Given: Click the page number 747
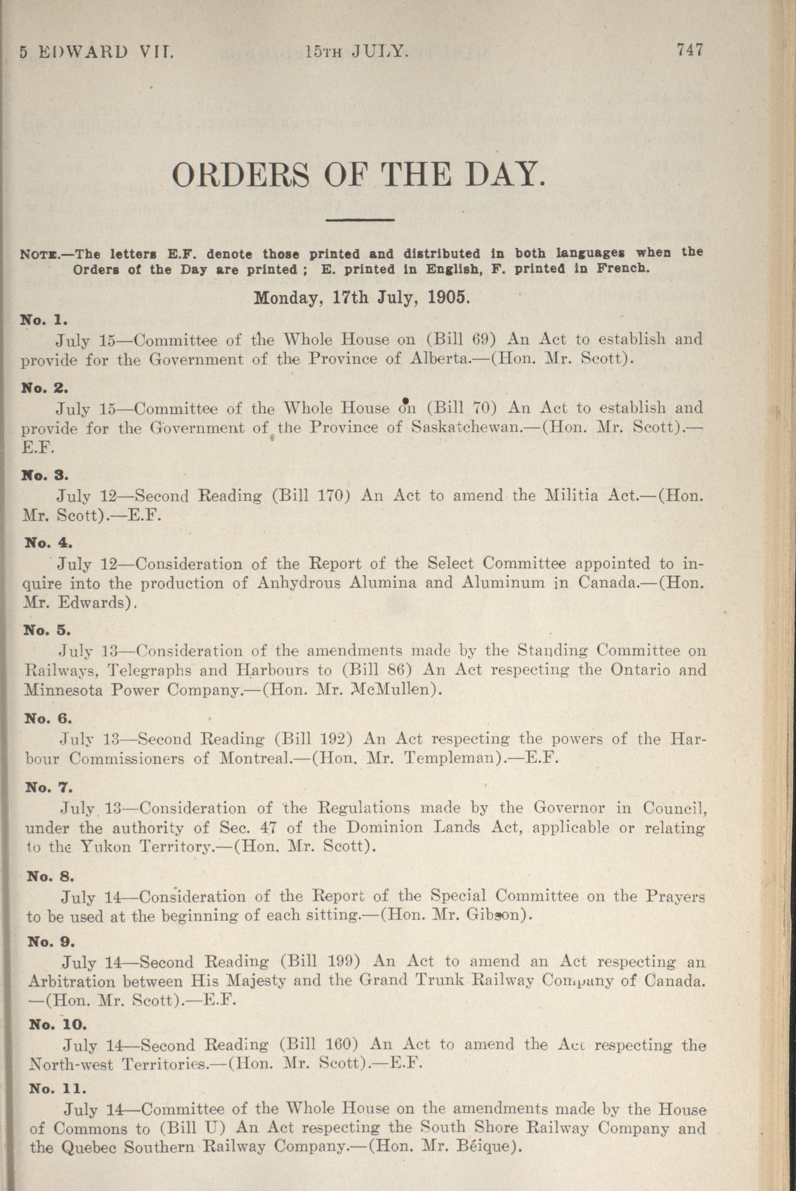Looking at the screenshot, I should (x=689, y=50).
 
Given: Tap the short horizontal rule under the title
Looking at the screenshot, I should (x=360, y=220).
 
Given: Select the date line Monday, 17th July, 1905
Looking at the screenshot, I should (x=362, y=297).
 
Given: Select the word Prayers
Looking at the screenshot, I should (x=675, y=896).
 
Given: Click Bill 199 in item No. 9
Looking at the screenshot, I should (x=320, y=961).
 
